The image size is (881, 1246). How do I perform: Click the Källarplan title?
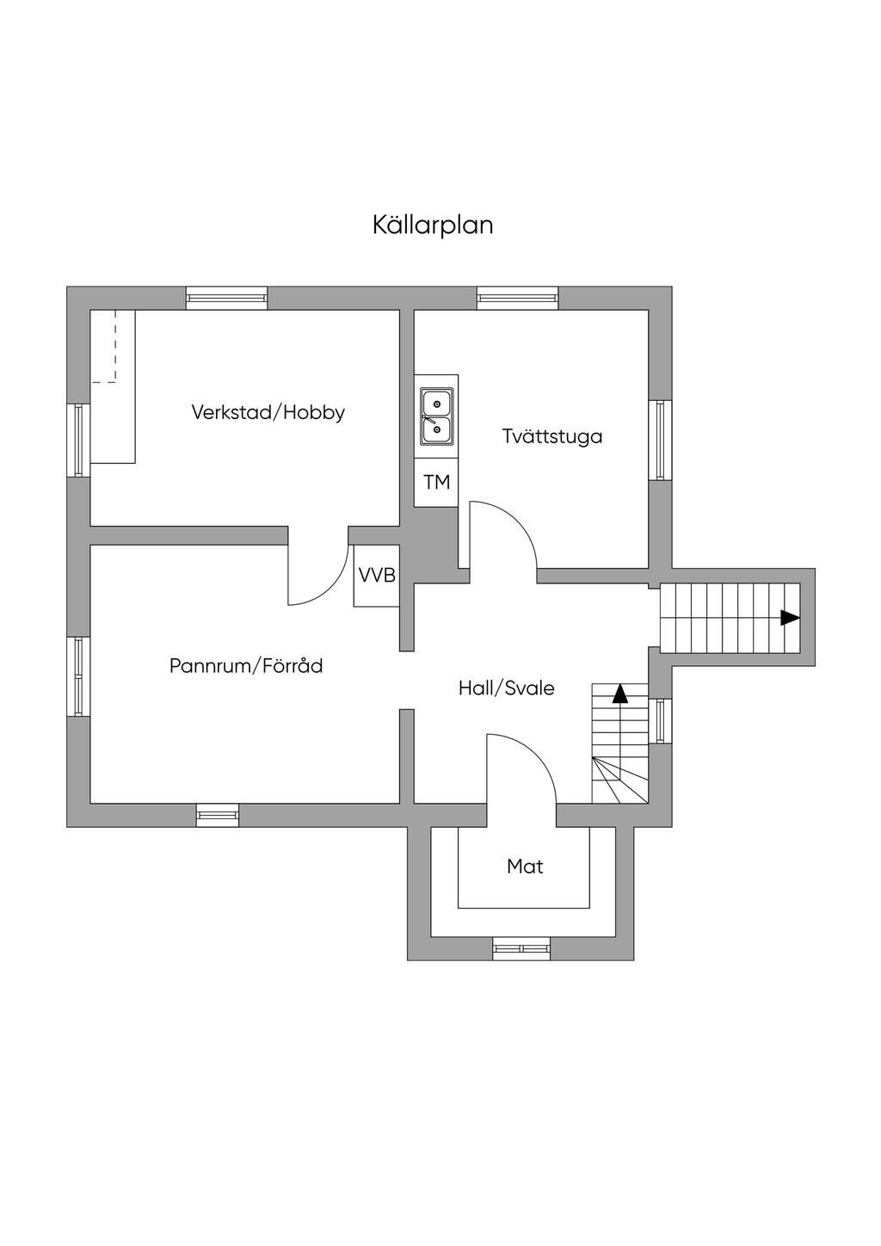pyautogui.click(x=433, y=225)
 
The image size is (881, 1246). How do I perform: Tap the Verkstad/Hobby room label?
pyautogui.click(x=268, y=412)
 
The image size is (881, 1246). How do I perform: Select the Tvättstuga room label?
pyautogui.click(x=552, y=436)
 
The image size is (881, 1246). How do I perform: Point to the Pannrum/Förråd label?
pyautogui.click(x=246, y=665)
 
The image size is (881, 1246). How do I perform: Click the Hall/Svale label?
pyautogui.click(x=506, y=688)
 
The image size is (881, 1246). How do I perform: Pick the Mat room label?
pyautogui.click(x=525, y=866)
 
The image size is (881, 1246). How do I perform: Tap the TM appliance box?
pyautogui.click(x=436, y=482)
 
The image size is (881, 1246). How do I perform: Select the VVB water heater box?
pyautogui.click(x=377, y=575)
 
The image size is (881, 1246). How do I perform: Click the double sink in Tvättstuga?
pyautogui.click(x=436, y=416)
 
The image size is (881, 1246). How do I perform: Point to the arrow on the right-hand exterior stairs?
pyautogui.click(x=791, y=618)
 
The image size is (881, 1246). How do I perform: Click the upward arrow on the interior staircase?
pyautogui.click(x=619, y=694)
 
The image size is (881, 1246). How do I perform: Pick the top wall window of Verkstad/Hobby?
pyautogui.click(x=226, y=298)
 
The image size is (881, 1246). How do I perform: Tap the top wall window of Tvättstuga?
pyautogui.click(x=517, y=298)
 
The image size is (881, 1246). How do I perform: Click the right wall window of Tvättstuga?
pyautogui.click(x=660, y=440)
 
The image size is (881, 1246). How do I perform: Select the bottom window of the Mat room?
pyautogui.click(x=521, y=948)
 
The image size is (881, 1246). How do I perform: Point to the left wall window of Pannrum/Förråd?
pyautogui.click(x=78, y=677)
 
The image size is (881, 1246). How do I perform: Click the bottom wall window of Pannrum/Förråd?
pyautogui.click(x=218, y=816)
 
